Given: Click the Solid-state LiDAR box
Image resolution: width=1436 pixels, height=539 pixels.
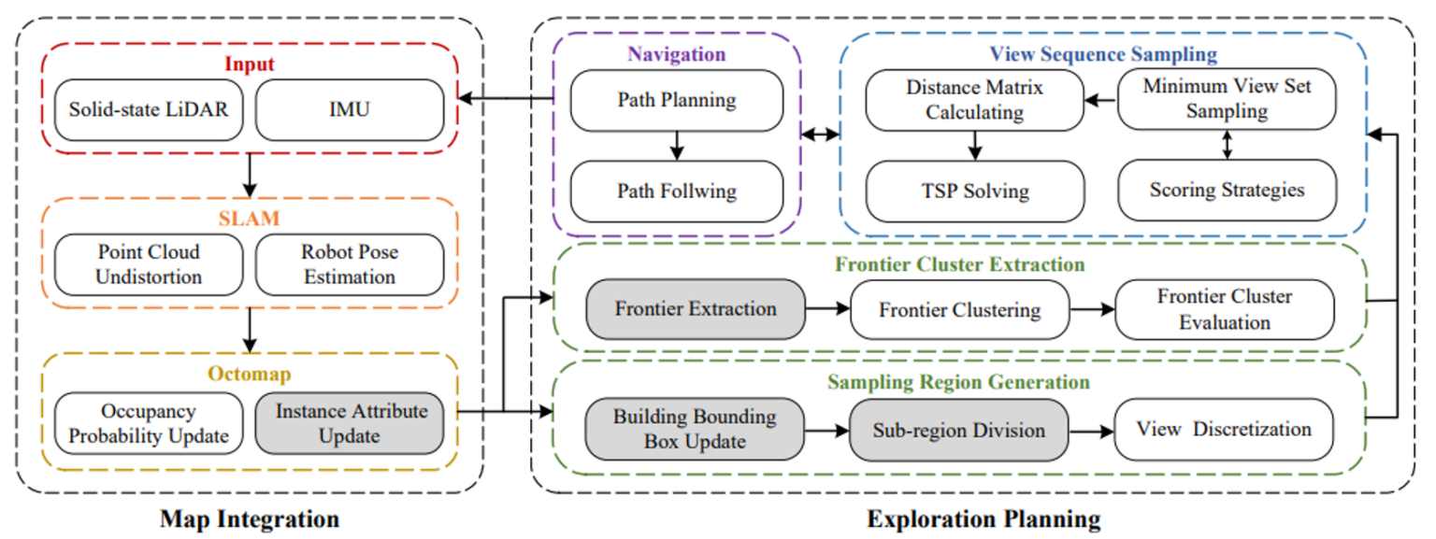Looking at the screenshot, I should click(x=149, y=109).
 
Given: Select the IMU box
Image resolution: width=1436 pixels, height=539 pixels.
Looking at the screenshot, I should click(x=349, y=109).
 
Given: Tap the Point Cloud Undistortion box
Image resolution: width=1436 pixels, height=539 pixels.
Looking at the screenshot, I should click(x=149, y=264).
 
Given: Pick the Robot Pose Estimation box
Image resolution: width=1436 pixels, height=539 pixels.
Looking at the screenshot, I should click(x=349, y=264).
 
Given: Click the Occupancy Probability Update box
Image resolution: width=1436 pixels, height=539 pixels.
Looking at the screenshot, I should click(x=149, y=423).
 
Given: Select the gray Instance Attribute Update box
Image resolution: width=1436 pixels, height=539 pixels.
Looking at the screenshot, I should click(x=349, y=423).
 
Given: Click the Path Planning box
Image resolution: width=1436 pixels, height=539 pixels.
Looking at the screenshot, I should click(x=677, y=99).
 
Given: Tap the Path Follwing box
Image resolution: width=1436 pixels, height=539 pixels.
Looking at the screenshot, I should click(x=677, y=191).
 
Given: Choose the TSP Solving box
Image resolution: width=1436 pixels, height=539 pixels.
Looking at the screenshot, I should click(x=975, y=191).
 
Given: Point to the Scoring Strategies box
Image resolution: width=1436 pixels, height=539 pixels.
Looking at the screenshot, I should click(x=1227, y=190).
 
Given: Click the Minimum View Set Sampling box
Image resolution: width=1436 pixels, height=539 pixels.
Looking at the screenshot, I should click(x=1227, y=98).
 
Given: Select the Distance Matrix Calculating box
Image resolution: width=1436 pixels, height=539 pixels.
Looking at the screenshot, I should click(x=975, y=99).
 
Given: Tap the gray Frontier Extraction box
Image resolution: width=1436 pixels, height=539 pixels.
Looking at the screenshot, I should click(x=696, y=308).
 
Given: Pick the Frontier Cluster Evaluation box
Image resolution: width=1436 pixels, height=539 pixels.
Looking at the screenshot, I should click(x=1225, y=309).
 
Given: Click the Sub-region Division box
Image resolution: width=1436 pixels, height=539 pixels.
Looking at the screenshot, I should click(x=958, y=430).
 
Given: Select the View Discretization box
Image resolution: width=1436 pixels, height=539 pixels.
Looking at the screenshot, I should click(x=1225, y=430).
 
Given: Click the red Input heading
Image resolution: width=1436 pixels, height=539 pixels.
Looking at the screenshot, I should click(x=250, y=65).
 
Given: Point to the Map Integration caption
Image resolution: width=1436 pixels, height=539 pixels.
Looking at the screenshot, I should click(x=250, y=518).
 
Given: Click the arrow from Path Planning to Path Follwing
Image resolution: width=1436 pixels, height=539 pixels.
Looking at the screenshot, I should click(x=677, y=145).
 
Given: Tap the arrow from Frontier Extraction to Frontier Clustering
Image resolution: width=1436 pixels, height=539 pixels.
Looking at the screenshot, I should click(x=826, y=308).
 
